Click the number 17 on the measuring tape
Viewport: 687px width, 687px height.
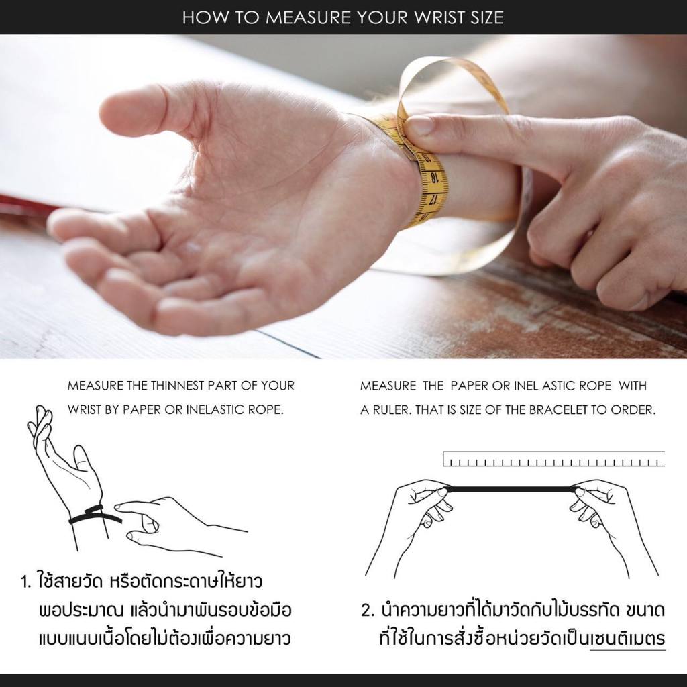pyautogui.click(x=434, y=200)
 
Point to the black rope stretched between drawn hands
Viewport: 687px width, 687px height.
pyautogui.click(x=511, y=488)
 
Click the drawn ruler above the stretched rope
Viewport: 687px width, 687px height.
pyautogui.click(x=553, y=459)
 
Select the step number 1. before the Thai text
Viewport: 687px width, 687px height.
pyautogui.click(x=26, y=582)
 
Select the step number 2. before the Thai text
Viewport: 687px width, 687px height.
pyautogui.click(x=368, y=611)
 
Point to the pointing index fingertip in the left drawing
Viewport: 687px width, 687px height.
pyautogui.click(x=117, y=507)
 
